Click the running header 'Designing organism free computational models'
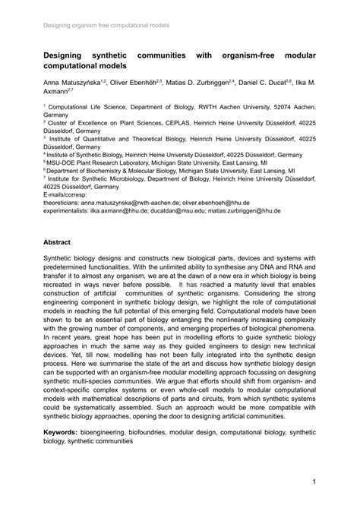(x=106, y=25)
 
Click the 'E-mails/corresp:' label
(x=69, y=194)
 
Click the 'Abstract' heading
(x=57, y=242)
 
